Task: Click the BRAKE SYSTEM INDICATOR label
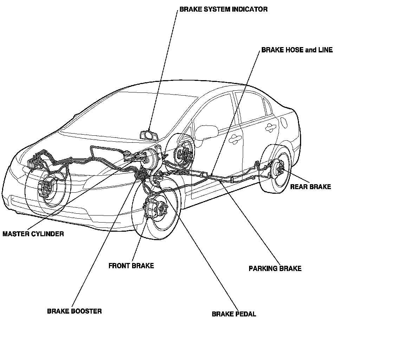coord(223,9)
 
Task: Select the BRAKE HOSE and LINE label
coord(297,50)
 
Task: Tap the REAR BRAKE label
coord(311,187)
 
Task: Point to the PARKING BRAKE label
coord(275,268)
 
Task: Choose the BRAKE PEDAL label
coord(234,314)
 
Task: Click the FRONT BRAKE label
coord(131,266)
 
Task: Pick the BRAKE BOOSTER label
coord(74,311)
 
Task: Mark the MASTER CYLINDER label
coord(33,234)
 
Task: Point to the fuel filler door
coord(284,122)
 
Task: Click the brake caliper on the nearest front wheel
coord(151,208)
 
